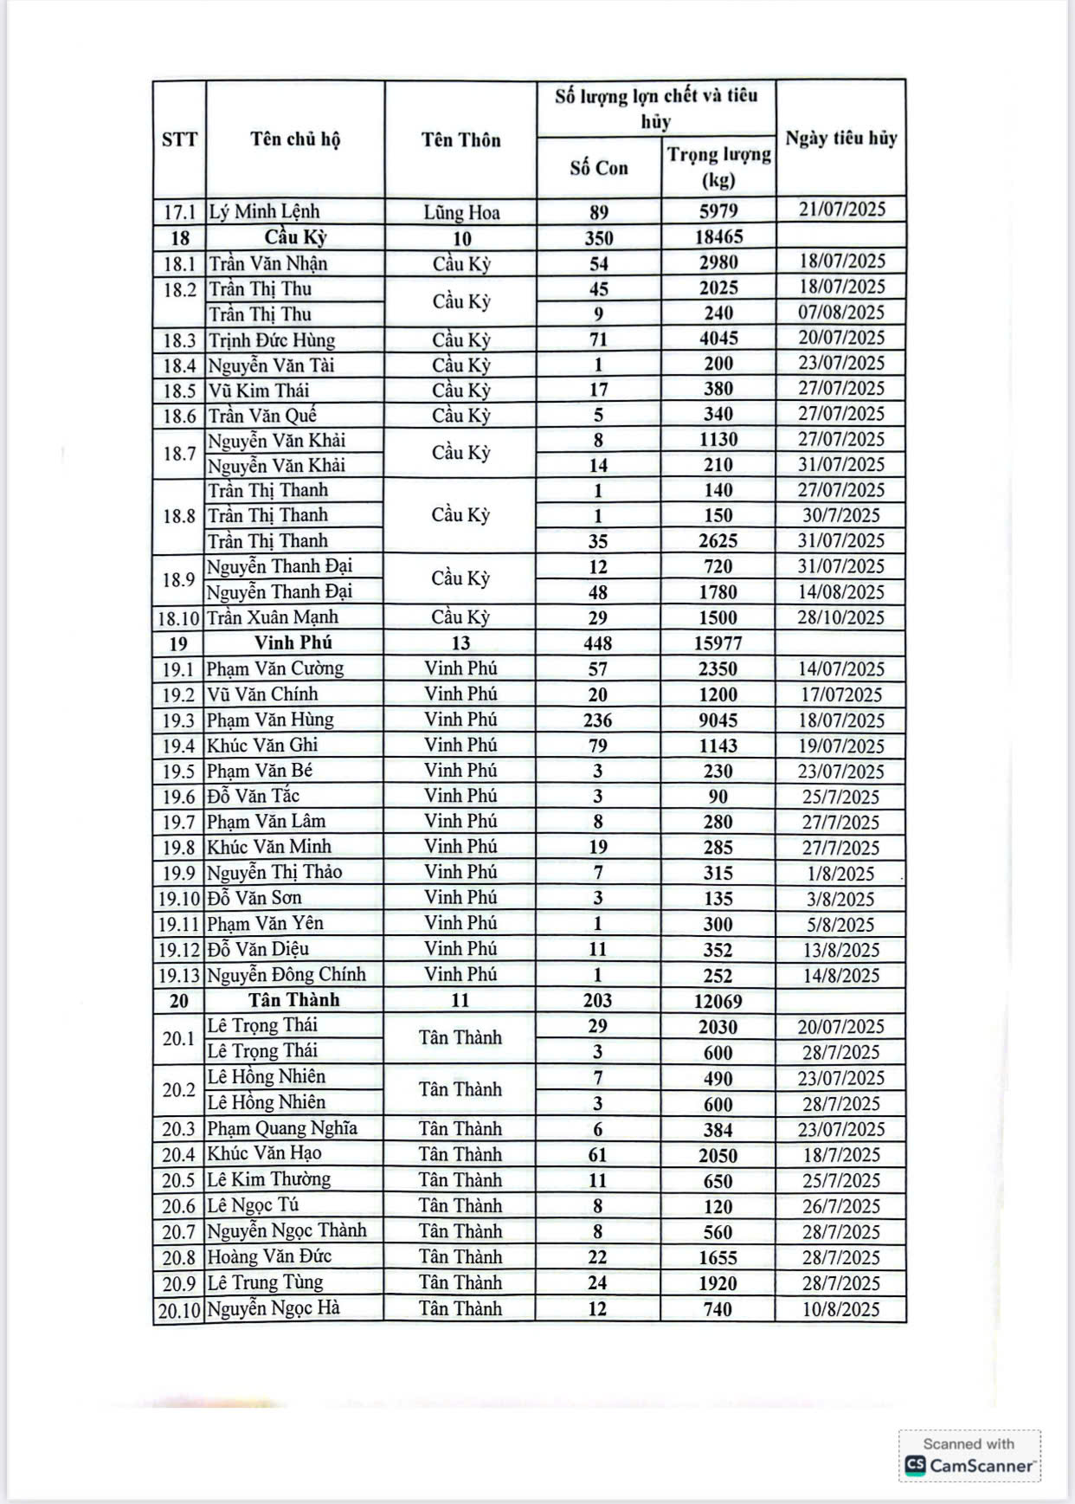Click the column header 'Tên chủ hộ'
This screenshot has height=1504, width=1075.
pyautogui.click(x=295, y=139)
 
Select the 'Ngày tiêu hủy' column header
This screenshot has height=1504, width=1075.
pyautogui.click(x=840, y=139)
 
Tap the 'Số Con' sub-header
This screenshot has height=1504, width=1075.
pyautogui.click(x=599, y=168)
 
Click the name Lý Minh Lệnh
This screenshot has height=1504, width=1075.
pyautogui.click(x=264, y=211)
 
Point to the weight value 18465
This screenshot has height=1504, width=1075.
pyautogui.click(x=718, y=237)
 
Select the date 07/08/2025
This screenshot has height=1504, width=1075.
pyautogui.click(x=840, y=313)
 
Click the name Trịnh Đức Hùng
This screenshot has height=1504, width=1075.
pyautogui.click(x=271, y=339)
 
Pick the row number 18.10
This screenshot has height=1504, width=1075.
pyautogui.click(x=179, y=618)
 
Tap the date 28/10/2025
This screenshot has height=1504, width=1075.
pyautogui.click(x=840, y=617)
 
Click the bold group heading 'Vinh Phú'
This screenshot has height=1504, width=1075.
pyautogui.click(x=293, y=642)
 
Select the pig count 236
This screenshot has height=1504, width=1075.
pyautogui.click(x=598, y=720)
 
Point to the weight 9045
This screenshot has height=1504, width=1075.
pyautogui.click(x=718, y=720)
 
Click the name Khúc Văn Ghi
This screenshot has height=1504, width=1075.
pyautogui.click(x=262, y=745)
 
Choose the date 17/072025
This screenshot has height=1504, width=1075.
pyautogui.click(x=840, y=694)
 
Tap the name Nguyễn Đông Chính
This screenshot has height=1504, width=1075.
pyautogui.click(x=286, y=974)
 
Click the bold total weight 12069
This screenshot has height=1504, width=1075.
pyautogui.click(x=718, y=1001)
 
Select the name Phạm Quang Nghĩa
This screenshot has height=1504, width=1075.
pyautogui.click(x=282, y=1128)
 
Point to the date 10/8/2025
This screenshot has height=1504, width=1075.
pyautogui.click(x=840, y=1308)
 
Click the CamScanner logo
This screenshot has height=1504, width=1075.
pyautogui.click(x=970, y=1465)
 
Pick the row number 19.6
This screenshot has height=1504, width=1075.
pyautogui.click(x=179, y=797)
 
